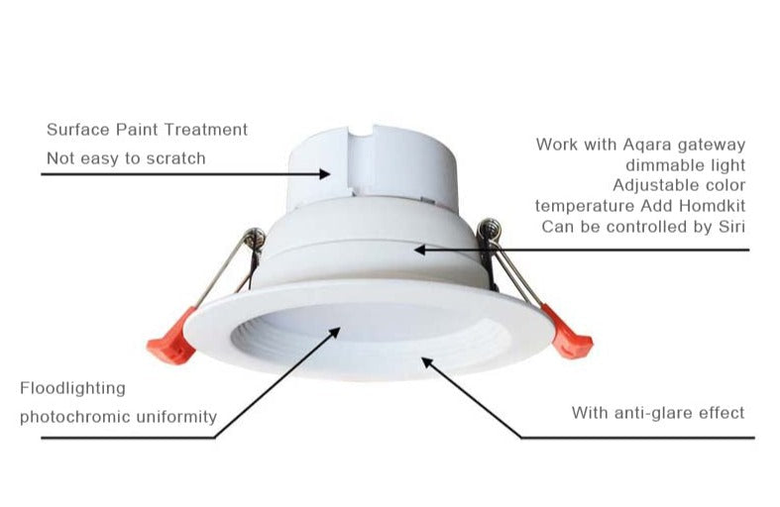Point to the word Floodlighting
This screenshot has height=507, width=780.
coord(72,388)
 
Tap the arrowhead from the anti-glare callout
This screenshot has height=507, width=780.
coord(428,362)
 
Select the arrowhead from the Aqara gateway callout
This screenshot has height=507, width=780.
coord(420,250)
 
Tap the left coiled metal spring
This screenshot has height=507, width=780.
coord(256,239)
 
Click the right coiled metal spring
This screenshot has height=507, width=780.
coord(487,234)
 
